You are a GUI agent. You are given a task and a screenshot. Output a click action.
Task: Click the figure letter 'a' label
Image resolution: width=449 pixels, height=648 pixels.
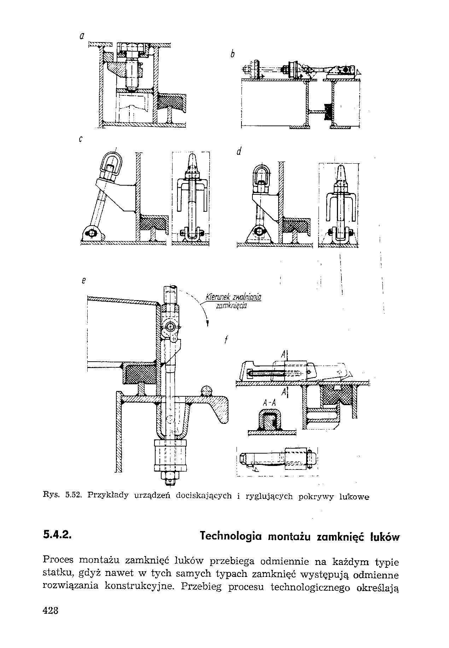[82, 36]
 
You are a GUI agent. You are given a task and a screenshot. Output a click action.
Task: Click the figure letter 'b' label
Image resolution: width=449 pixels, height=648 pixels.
[232, 54]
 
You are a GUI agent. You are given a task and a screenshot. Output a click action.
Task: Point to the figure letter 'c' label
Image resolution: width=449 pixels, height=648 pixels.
[81, 139]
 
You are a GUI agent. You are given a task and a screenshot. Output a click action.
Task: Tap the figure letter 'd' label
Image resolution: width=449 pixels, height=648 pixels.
[239, 152]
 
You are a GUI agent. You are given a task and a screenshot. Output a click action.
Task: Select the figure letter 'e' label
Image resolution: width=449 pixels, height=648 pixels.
[84, 281]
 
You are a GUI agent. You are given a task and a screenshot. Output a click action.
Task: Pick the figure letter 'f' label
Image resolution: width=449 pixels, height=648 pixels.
[225, 340]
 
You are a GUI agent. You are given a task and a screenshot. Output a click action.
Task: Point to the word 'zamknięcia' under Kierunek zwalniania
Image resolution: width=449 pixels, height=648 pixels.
[232, 306]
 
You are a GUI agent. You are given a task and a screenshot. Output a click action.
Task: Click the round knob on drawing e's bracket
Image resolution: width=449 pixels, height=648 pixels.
[206, 391]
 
